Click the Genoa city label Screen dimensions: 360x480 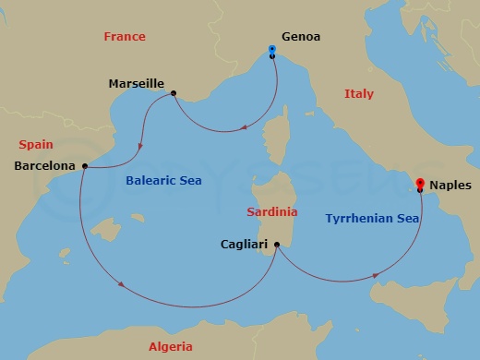[x=300, y=37]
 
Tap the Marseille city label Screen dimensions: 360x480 [x=136, y=84]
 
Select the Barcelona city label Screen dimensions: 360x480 [x=45, y=166]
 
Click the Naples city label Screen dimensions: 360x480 [x=450, y=185]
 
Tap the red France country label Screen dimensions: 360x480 [x=125, y=37]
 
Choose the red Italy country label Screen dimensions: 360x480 [x=358, y=94]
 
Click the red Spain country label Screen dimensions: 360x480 [x=36, y=145]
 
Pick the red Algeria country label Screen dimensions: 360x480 [x=171, y=347]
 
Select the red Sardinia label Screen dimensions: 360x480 [x=272, y=212]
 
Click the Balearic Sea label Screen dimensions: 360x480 [x=163, y=181]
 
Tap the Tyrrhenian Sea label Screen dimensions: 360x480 [x=373, y=219]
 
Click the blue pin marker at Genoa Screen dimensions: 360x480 [x=271, y=49]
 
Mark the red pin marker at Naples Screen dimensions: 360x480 [x=420, y=183]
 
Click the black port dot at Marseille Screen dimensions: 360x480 [x=174, y=91]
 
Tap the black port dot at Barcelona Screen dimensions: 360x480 [x=84, y=166]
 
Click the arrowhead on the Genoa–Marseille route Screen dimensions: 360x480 [x=242, y=129]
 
